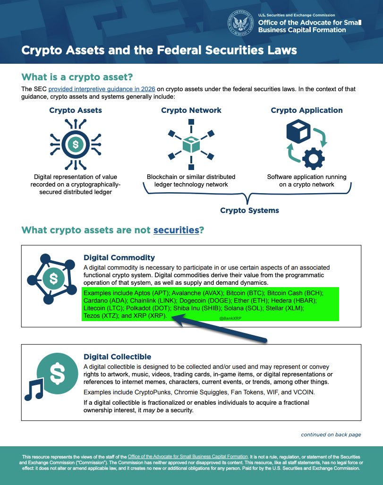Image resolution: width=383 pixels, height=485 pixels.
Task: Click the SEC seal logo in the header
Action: (x=242, y=24)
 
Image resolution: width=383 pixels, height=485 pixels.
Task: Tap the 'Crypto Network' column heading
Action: (x=191, y=110)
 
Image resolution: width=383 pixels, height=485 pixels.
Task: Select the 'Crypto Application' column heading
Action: (x=306, y=110)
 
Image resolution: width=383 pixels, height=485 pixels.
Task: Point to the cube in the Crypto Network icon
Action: (x=191, y=145)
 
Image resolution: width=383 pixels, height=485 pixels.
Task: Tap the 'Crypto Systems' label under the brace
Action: (x=249, y=210)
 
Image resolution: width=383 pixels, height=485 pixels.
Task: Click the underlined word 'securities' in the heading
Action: (x=176, y=230)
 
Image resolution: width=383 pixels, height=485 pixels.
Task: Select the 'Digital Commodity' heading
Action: (x=119, y=257)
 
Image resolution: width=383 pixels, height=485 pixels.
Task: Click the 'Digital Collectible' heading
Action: (x=117, y=357)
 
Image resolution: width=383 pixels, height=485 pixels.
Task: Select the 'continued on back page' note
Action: (x=331, y=434)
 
